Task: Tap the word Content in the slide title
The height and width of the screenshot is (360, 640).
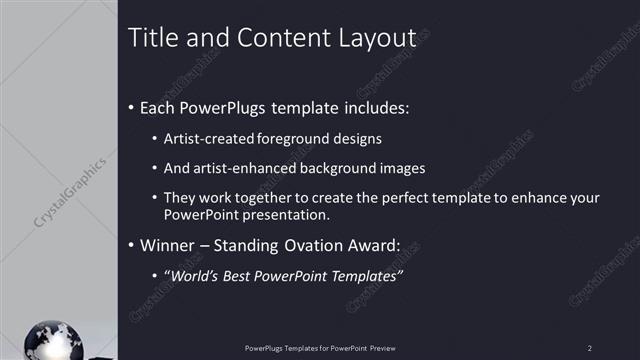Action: pyautogui.click(x=274, y=38)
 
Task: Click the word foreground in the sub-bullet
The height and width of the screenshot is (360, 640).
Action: pyautogui.click(x=291, y=138)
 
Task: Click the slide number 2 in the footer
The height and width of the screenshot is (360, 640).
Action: pyautogui.click(x=589, y=347)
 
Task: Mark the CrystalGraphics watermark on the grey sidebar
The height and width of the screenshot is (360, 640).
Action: pyautogui.click(x=71, y=190)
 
